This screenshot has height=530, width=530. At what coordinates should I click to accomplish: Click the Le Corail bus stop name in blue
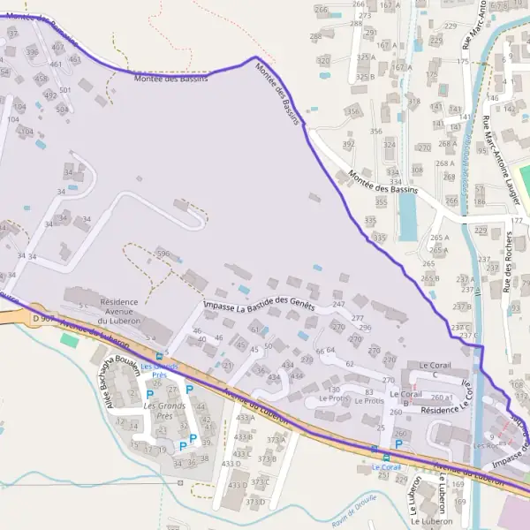click(386, 466)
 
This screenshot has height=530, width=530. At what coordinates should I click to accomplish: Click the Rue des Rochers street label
click(508, 261)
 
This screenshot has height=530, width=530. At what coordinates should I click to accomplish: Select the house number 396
click(163, 254)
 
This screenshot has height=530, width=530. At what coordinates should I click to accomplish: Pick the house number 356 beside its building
click(353, 112)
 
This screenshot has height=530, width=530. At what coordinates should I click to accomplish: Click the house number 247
click(338, 304)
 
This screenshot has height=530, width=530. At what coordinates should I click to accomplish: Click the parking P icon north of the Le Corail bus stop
click(398, 444)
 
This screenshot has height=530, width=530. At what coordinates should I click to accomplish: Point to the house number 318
click(413, 102)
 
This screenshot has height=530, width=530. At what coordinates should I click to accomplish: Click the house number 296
click(364, 328)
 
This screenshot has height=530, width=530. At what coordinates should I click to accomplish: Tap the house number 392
click(348, 143)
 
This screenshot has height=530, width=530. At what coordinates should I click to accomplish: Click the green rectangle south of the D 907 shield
click(69, 339)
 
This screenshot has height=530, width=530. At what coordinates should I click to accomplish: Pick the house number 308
click(417, 170)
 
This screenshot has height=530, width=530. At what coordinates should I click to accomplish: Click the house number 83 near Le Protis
click(368, 391)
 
